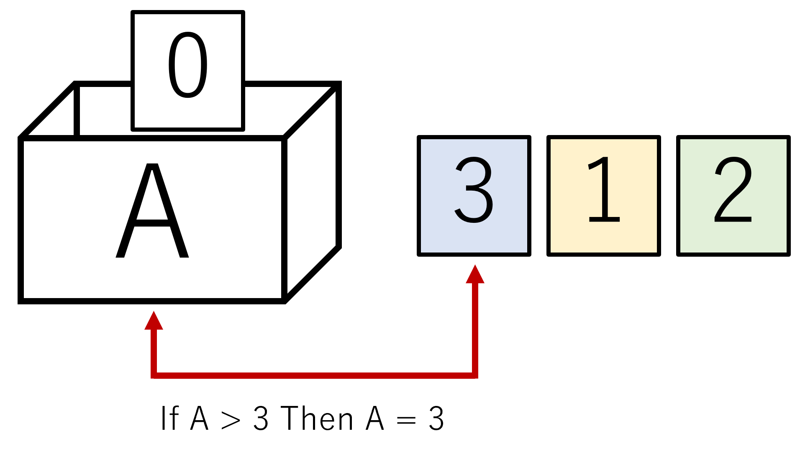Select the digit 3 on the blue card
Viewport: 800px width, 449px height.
(474, 190)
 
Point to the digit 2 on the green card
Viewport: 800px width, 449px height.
(733, 190)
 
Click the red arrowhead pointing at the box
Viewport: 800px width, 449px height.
(154, 321)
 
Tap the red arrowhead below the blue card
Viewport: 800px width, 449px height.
(475, 275)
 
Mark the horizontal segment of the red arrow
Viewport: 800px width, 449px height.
(314, 375)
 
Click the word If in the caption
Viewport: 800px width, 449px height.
(169, 418)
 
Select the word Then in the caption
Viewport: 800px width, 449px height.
(317, 418)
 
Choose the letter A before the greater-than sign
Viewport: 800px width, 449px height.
(199, 418)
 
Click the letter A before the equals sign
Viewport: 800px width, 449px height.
(374, 418)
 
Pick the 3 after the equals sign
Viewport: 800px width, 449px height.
(436, 418)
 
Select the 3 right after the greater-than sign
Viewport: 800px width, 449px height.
(261, 418)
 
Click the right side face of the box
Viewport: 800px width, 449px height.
(312, 192)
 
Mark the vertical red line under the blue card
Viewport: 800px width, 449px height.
(475, 330)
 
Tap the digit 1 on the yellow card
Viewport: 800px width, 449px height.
(603, 190)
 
